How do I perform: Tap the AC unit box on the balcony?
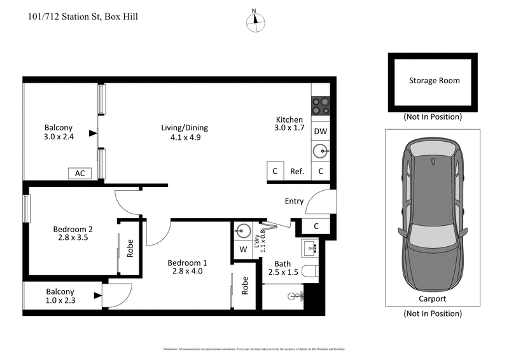click(80, 173)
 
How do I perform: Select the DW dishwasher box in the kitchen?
click(321, 131)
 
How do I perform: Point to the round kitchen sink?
click(321, 151)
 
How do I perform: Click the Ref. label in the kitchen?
click(297, 172)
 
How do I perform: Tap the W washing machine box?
click(243, 249)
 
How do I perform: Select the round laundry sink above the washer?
click(243, 230)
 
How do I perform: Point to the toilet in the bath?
click(310, 272)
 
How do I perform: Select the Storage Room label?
click(434, 81)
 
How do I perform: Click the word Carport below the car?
click(432, 298)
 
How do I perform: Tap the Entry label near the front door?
click(294, 202)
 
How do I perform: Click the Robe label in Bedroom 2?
click(130, 248)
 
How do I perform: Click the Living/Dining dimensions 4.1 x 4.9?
click(185, 137)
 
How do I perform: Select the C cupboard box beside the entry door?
click(317, 226)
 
